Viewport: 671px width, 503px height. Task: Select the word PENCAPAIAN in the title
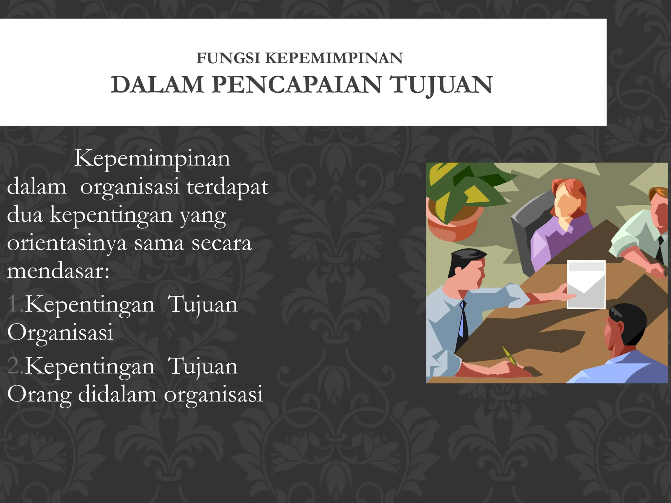tap(297, 84)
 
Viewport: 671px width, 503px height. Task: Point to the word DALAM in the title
tap(158, 84)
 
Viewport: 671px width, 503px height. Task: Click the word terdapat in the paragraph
tap(227, 187)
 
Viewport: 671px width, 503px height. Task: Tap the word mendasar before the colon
tap(56, 271)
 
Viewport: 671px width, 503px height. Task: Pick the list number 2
tap(15, 366)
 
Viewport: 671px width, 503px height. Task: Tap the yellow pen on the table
tap(510, 357)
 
